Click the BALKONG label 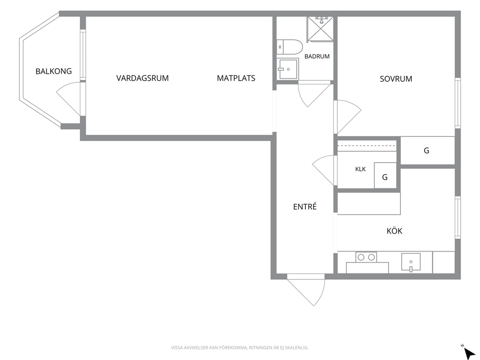pos(54,71)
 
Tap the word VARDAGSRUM pos(142,78)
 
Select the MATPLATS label pos(236,78)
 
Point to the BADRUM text pos(317,56)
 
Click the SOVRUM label pos(396,79)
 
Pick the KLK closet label pos(360,169)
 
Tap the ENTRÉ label pos(304,207)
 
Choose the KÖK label pos(394,231)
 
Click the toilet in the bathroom pos(289,47)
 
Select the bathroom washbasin pos(287,69)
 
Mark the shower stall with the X pos(320,29)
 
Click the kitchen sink pos(411,262)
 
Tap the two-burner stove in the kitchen pos(366,257)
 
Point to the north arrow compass pos(468,353)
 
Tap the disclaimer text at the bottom pos(240,347)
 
